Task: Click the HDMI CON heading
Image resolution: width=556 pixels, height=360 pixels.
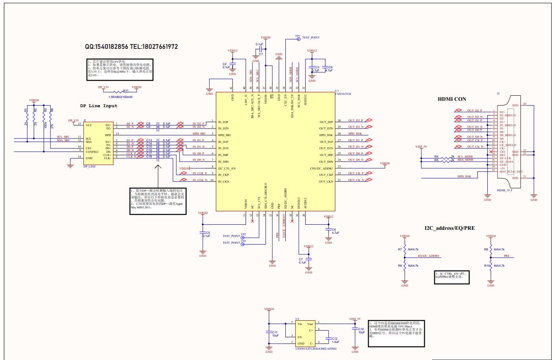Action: (x=452, y=99)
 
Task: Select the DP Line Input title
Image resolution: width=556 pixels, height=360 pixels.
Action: (x=98, y=106)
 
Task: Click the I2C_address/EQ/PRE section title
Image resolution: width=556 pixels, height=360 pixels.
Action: (x=449, y=228)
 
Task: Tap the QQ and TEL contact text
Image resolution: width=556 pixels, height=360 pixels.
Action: (x=131, y=46)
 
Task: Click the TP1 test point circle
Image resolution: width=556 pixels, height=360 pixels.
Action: (x=298, y=39)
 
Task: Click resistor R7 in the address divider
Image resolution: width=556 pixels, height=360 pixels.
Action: (x=404, y=250)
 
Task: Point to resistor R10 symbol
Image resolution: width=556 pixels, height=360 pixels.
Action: (x=491, y=266)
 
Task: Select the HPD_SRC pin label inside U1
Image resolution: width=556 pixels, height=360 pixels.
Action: (x=225, y=135)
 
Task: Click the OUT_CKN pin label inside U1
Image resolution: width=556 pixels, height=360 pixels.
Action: (x=326, y=181)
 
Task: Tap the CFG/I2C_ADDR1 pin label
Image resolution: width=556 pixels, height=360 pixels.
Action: (x=321, y=168)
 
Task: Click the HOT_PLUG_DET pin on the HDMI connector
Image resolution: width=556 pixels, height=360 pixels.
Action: (x=511, y=172)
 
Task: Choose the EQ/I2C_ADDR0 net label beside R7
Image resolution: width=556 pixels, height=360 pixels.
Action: (x=428, y=256)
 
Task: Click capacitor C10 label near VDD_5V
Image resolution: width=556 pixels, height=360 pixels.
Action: (x=361, y=329)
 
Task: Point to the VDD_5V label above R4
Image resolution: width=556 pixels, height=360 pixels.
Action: (x=421, y=147)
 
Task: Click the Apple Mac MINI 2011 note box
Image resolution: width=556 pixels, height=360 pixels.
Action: (x=158, y=201)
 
